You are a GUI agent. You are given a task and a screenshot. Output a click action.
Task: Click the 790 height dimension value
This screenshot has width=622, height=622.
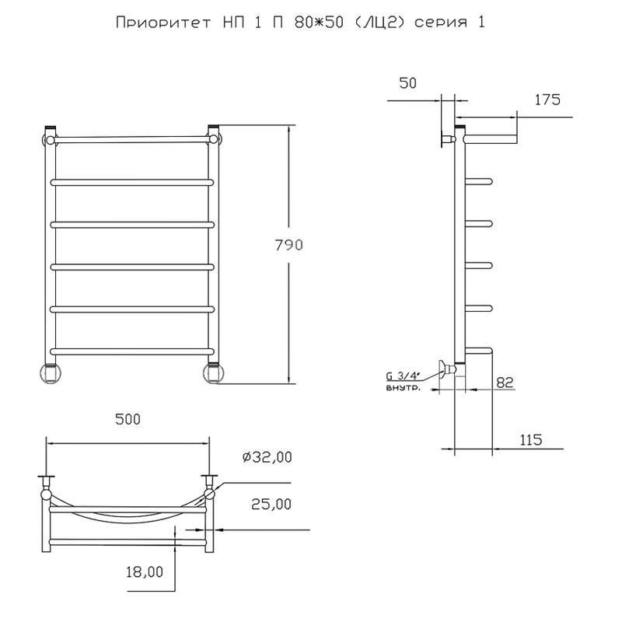point(288,245)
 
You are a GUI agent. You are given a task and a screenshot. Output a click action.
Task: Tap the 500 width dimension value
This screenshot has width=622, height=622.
point(128,419)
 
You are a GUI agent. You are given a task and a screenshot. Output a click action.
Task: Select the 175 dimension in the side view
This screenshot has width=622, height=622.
point(547,100)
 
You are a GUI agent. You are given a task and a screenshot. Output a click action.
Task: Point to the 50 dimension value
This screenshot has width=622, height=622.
point(407,83)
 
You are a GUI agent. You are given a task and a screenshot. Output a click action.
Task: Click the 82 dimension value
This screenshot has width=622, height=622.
point(505,383)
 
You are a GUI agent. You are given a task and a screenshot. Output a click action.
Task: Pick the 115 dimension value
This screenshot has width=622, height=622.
point(531,439)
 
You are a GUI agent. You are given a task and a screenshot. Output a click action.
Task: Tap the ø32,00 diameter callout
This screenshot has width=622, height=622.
point(267,457)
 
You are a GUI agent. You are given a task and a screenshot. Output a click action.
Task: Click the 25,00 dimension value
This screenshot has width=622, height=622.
point(271,504)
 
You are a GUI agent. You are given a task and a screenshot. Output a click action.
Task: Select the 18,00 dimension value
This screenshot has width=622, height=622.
point(145,571)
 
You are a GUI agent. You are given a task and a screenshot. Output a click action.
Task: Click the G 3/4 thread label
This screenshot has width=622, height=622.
point(403,376)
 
